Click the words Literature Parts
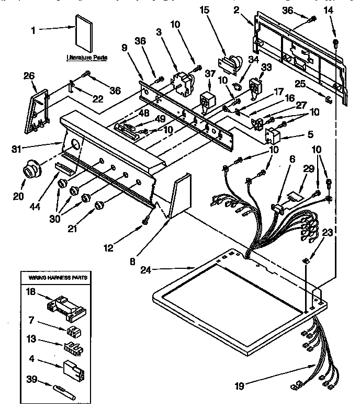point(86,58)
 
